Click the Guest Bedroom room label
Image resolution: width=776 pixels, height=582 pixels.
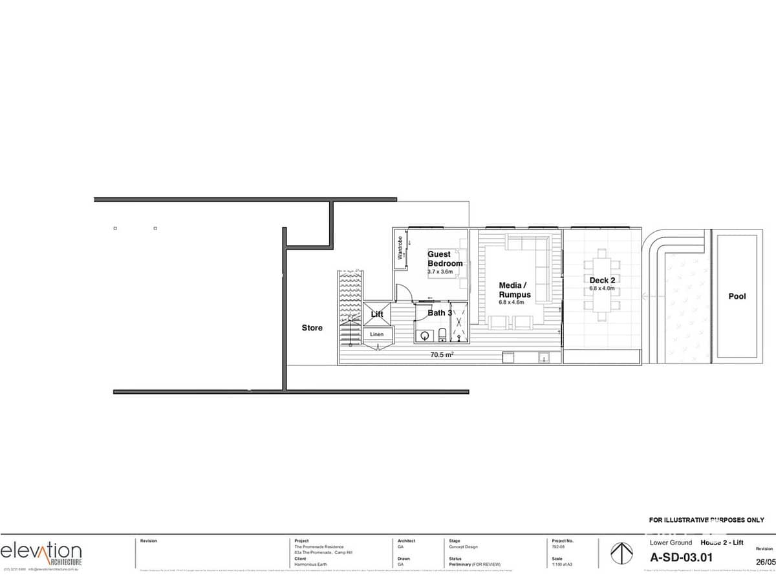[445, 259]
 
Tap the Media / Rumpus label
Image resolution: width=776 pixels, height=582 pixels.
[515, 290]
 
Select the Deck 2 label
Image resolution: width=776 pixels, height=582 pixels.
[601, 281]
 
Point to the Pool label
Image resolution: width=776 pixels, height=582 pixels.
[737, 296]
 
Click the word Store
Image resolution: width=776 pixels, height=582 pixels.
[312, 328]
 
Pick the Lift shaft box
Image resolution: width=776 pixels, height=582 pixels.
[377, 314]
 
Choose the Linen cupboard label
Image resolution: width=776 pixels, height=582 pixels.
[377, 334]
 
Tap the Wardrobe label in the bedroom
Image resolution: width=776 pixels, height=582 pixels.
[400, 249]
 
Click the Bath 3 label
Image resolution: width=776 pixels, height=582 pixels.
[440, 313]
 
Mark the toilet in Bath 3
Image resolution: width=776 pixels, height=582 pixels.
[442, 334]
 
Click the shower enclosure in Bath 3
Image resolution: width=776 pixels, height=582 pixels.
[459, 322]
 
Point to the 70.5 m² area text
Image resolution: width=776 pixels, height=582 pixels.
[442, 354]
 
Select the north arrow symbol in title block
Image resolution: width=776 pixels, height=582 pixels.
[621, 554]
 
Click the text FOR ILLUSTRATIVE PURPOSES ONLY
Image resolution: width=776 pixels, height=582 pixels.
[706, 520]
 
